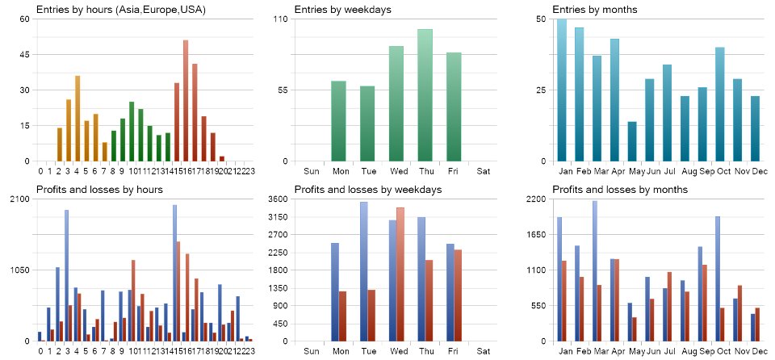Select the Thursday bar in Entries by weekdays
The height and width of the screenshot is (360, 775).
tap(425, 95)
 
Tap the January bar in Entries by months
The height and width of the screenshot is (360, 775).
tap(562, 90)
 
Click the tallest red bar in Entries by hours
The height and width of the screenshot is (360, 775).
tap(186, 101)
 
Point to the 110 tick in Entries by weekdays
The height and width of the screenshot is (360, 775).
tap(280, 19)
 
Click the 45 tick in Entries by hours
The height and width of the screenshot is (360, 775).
tap(24, 55)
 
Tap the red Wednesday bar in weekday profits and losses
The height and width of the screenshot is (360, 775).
tap(400, 274)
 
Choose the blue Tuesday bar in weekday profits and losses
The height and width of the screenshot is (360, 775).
tap(364, 271)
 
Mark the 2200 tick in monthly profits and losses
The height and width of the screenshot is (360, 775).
tap(539, 199)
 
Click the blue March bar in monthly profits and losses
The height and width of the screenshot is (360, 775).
tap(595, 271)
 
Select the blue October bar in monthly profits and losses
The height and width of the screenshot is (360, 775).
tap(718, 278)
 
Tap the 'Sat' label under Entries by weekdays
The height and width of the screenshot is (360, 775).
tap(483, 171)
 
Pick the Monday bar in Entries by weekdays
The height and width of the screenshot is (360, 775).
tap(339, 121)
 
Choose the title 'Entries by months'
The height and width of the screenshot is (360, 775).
tap(595, 9)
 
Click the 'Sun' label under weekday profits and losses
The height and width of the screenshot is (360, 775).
tap(311, 351)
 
